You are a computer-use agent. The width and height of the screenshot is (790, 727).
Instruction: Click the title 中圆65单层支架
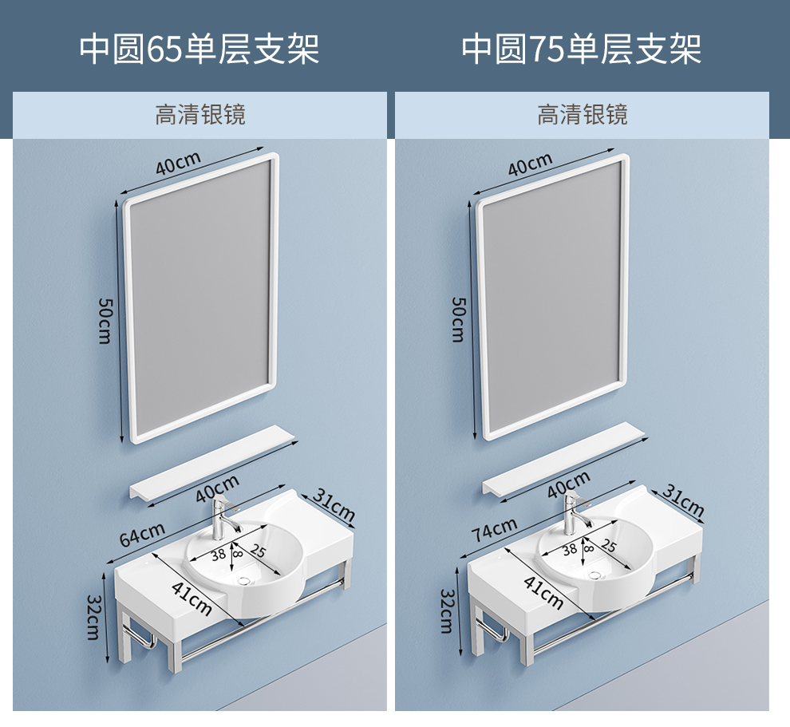pos(199,49)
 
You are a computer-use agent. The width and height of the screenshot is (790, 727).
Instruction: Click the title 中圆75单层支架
pos(582,49)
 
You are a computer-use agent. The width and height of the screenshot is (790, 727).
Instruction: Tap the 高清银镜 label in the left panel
pos(199,115)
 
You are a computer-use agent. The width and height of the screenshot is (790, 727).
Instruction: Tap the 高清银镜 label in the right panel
pos(582,115)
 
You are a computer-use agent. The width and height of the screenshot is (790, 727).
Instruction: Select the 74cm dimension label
pos(493,529)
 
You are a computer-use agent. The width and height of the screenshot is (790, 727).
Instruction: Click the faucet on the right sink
pos(571,513)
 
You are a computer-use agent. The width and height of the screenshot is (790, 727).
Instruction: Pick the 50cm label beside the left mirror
pos(105,320)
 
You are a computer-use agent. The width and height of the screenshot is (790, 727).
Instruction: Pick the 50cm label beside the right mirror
pos(458,319)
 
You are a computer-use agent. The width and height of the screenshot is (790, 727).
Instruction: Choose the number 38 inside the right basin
pos(570,549)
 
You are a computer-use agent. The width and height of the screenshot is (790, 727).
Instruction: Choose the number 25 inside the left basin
pos(258,551)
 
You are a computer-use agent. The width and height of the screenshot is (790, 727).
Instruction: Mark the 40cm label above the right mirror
pos(530,164)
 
